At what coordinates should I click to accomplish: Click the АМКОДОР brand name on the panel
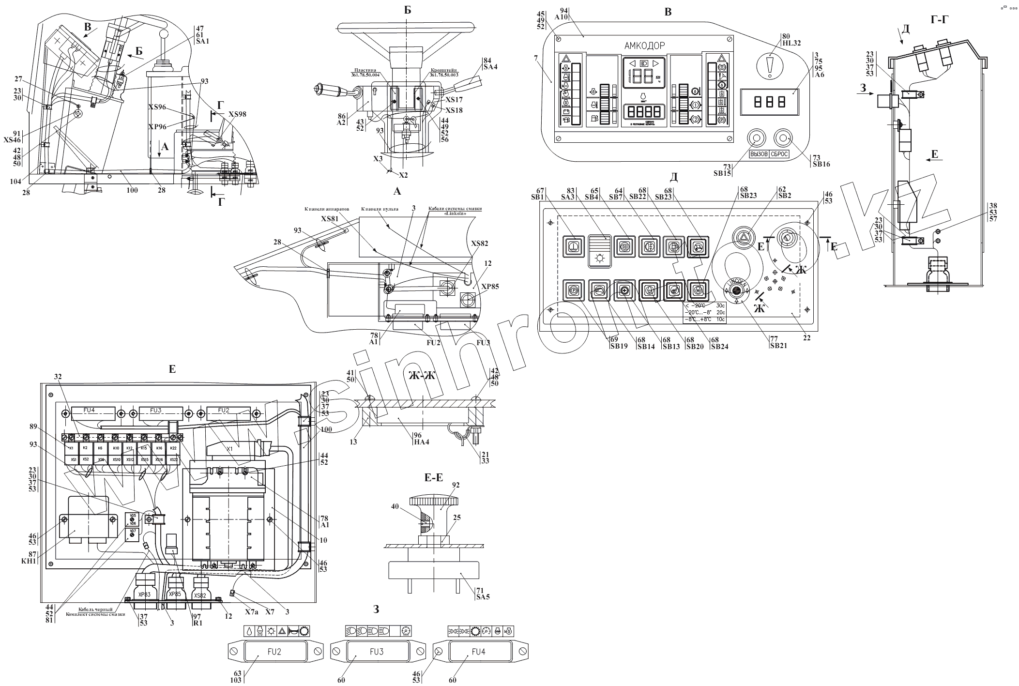(644, 46)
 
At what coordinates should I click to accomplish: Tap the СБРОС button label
(779, 154)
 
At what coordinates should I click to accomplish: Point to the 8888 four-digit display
(644, 112)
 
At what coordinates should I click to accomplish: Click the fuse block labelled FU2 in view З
(274, 652)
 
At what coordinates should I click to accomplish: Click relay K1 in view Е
(72, 448)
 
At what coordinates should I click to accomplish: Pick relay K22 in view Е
(173, 448)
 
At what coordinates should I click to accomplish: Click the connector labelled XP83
(144, 594)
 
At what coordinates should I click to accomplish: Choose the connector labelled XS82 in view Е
(200, 595)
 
